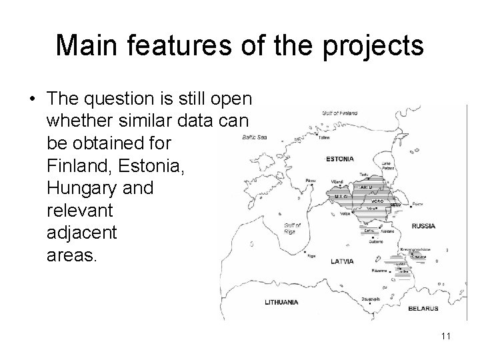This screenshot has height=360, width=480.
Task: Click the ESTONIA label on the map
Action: pyautogui.click(x=340, y=159)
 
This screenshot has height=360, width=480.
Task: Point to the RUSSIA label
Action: pyautogui.click(x=423, y=226)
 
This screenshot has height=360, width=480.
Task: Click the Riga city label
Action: pyautogui.click(x=311, y=254)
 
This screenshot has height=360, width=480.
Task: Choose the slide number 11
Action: pyautogui.click(x=445, y=336)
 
